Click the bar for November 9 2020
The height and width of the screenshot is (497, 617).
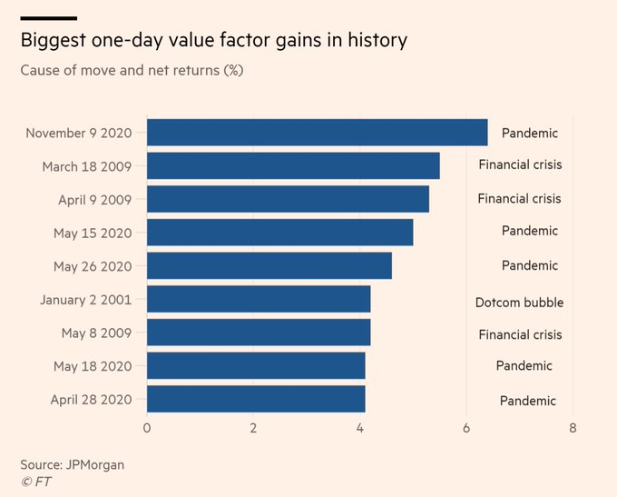pos(317,133)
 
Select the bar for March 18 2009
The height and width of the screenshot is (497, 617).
pos(293,166)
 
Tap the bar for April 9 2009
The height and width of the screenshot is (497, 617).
pos(288,199)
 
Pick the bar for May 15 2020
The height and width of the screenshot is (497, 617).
pos(279,233)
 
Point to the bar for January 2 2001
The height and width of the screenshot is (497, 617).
pos(259,299)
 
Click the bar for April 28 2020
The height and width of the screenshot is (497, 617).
pos(256,399)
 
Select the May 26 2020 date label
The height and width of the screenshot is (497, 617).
pos(93,266)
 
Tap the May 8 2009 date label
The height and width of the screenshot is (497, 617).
pos(97,333)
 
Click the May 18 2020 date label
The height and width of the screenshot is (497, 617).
pos(93,366)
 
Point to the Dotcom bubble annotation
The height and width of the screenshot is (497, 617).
pos(519,302)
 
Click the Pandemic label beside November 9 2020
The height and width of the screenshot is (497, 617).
pos(530,133)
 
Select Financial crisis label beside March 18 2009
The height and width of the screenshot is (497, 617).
pos(520,165)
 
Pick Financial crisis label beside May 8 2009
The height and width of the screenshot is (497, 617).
pos(520,334)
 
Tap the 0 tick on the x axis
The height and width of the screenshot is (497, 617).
pos(147,427)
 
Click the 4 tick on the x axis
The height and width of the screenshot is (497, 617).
pos(360,427)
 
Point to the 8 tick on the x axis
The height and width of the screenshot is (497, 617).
pos(573,427)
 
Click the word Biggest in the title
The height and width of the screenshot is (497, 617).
pos(55,40)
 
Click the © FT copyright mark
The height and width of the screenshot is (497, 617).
pos(36,482)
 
